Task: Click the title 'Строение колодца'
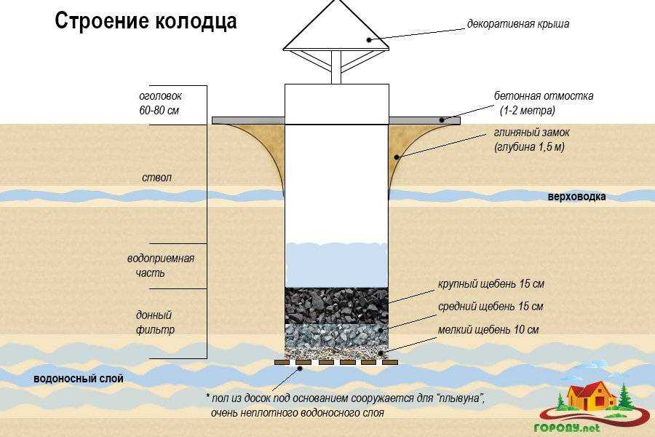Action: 146,21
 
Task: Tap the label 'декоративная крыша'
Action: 518,23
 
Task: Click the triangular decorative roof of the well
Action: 336,27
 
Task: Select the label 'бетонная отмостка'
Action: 544,95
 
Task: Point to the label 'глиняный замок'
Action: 532,133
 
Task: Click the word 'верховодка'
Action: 576,197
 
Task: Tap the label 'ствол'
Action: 156,177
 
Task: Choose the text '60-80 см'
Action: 159,111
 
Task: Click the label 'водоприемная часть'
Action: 161,266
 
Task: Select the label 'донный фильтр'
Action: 155,323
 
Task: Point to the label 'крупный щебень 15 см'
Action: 491,284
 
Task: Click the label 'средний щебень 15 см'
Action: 491,307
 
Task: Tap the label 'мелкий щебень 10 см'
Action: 488,329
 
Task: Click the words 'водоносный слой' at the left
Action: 78,379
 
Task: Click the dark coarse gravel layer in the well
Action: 337,305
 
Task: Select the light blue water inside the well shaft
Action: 337,265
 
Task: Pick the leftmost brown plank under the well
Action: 282,363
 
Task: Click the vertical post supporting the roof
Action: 336,67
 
